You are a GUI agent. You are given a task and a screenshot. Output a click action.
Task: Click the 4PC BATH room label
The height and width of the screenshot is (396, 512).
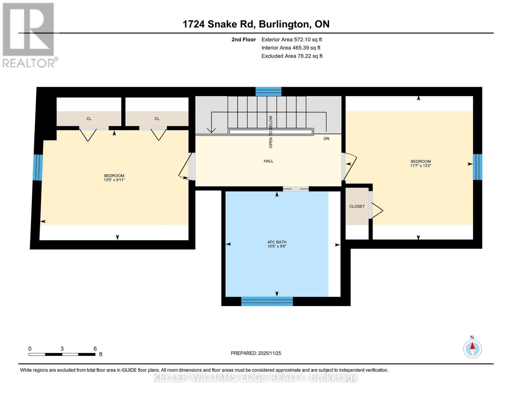277,242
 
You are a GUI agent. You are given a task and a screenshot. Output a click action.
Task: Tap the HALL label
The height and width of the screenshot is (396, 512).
268,161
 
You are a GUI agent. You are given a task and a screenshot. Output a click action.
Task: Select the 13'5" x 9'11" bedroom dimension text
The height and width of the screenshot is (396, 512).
114,180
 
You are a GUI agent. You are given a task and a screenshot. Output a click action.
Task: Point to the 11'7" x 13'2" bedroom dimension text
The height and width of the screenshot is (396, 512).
420,166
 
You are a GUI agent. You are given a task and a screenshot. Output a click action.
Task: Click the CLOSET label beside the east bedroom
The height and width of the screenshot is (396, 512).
357,206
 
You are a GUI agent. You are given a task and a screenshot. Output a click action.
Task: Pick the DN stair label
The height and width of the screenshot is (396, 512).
326,139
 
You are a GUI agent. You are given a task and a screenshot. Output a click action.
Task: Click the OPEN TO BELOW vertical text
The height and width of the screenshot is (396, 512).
271,131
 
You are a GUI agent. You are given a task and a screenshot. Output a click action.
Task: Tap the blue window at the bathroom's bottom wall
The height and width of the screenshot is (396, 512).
267,301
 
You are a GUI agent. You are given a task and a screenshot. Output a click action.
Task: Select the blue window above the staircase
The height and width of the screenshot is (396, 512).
268,91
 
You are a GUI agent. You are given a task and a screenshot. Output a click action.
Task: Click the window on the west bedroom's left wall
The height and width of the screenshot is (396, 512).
38,168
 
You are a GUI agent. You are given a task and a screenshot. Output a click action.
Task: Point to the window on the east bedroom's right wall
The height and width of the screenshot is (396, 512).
477,167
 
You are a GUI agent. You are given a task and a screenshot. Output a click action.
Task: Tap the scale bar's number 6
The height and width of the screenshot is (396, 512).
95,349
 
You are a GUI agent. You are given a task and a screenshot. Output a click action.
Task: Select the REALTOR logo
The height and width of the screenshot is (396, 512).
29,35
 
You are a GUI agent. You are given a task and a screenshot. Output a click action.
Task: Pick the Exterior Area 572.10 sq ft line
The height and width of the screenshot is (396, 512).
291,40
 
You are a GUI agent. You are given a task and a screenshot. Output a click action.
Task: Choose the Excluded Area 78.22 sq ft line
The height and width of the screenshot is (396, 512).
292,56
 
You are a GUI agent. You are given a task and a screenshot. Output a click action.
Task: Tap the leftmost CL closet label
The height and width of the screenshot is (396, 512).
89,119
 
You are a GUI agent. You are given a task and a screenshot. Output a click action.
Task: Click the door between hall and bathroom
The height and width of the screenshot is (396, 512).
295,189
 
